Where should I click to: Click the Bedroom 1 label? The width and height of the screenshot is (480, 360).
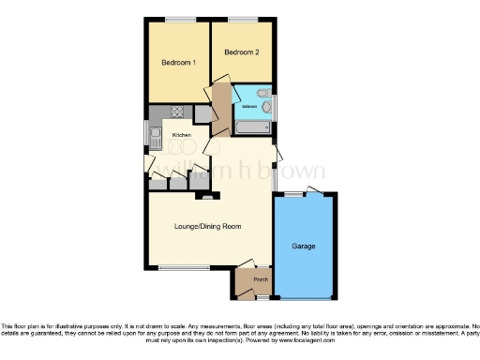click(x=178, y=63)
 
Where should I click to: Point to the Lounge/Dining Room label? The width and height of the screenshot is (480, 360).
click(x=208, y=226)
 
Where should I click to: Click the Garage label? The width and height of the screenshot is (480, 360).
click(x=303, y=246)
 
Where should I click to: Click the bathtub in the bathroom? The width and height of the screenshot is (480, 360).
click(x=251, y=95)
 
